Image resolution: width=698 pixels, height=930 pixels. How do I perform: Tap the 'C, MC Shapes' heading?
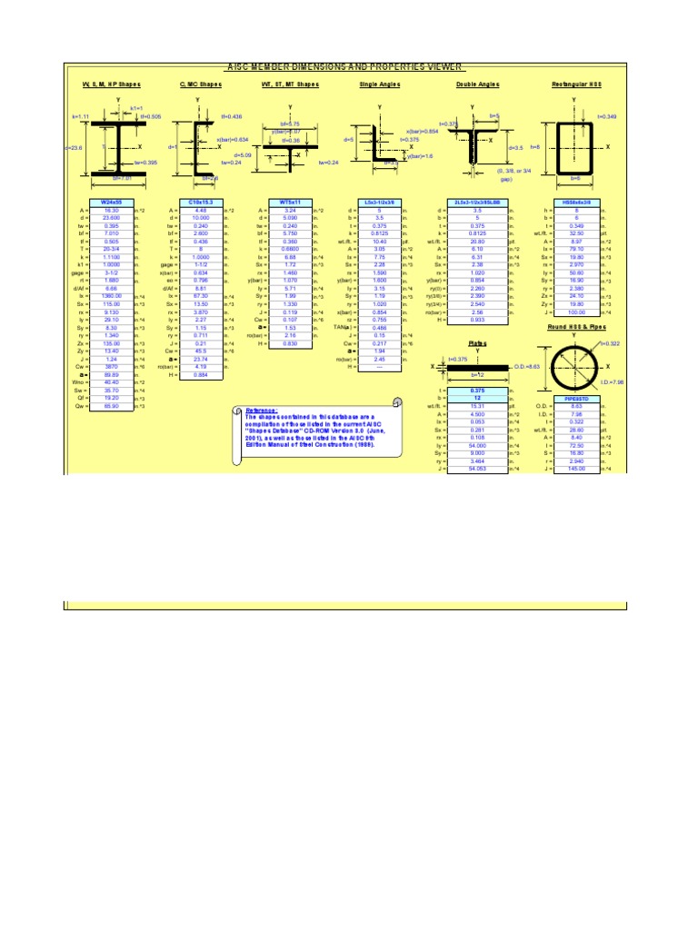tap(200, 84)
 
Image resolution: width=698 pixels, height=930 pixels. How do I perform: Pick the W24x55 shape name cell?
tap(110, 202)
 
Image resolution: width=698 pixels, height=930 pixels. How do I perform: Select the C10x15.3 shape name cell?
tap(200, 202)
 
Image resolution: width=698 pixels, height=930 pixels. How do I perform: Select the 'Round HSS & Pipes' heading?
tap(576, 325)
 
